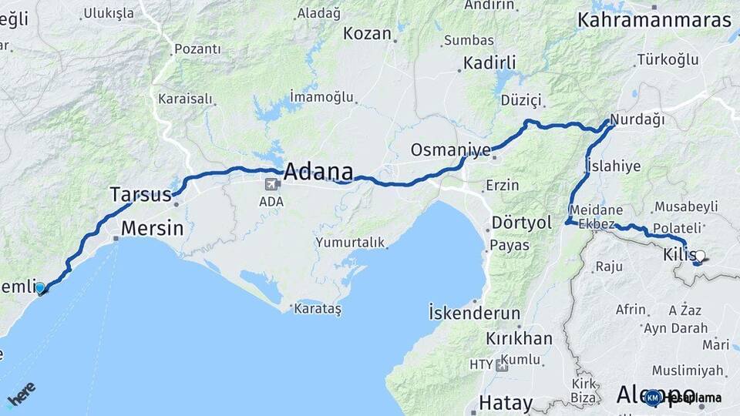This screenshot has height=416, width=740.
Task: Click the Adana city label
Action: tap(318, 172)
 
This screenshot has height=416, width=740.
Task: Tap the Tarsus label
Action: tap(140, 194)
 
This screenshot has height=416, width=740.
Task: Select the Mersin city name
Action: tap(153, 228)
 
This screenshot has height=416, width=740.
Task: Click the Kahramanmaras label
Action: tap(654, 21)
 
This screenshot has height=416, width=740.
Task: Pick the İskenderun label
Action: tap(475, 313)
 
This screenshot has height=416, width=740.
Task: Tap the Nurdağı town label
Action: tap(637, 120)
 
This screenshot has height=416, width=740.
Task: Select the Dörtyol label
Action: tap(522, 223)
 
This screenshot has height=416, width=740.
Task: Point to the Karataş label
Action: tap(317, 308)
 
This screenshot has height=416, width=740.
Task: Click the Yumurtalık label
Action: tap(350, 243)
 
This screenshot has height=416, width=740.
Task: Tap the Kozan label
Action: tap(368, 33)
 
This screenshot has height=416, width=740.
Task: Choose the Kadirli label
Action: tap(489, 62)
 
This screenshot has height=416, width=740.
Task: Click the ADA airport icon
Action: tap(271, 184)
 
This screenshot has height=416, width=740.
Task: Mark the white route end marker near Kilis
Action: tap(700, 255)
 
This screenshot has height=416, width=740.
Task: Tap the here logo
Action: tap(21, 393)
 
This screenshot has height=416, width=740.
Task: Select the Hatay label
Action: tap(506, 402)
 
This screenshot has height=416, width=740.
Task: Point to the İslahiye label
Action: tap(613, 166)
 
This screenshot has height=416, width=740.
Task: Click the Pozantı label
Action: tap(197, 49)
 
